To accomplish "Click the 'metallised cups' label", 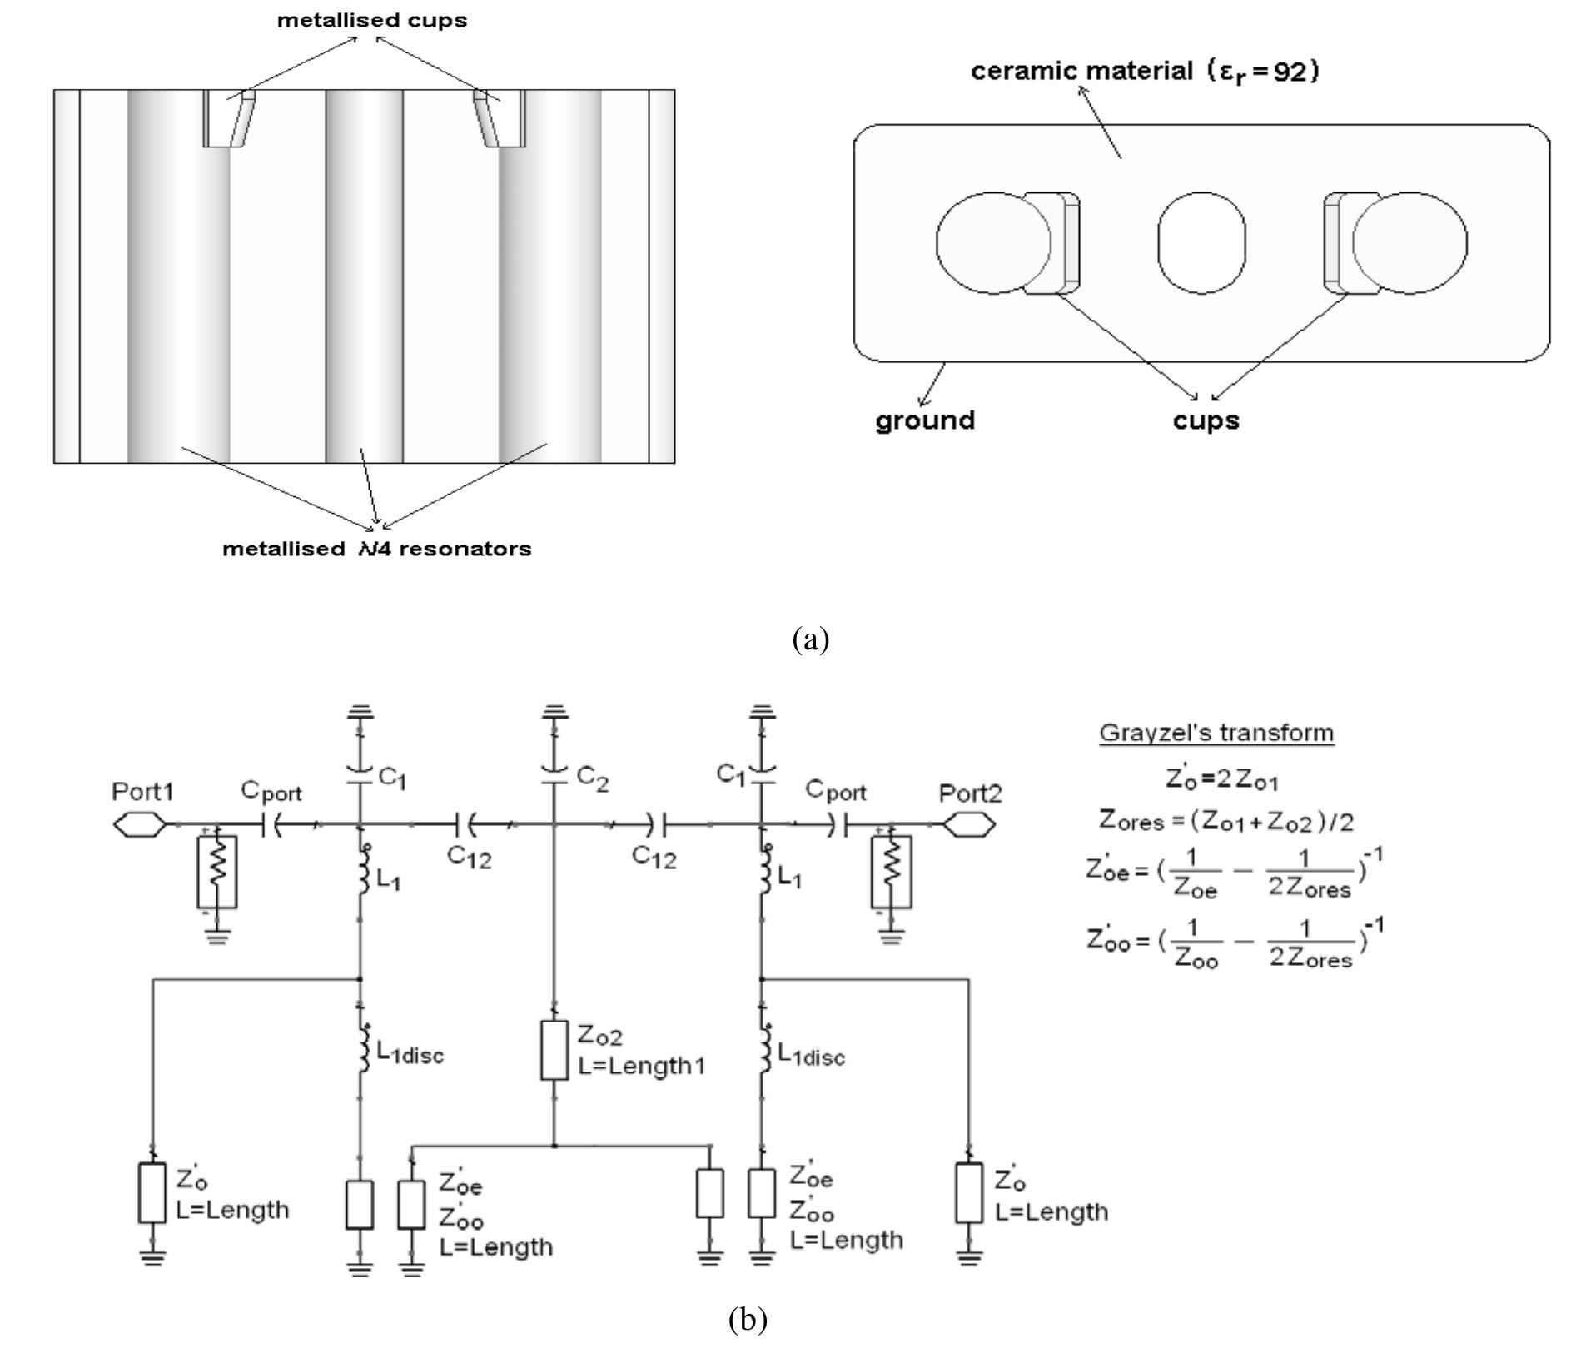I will click(x=372, y=20).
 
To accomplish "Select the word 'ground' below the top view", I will click(x=924, y=420).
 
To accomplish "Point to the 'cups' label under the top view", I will click(x=1206, y=420).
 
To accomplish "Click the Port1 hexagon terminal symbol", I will click(x=139, y=825).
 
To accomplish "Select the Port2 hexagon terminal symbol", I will click(x=968, y=825).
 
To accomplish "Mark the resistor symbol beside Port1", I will click(x=217, y=872).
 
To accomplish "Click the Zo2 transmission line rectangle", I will click(x=554, y=1050).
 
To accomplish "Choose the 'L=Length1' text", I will click(x=641, y=1066).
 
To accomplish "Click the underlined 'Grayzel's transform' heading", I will click(x=1216, y=734).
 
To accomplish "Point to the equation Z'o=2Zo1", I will click(x=1221, y=779).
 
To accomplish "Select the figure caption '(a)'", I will click(x=811, y=639).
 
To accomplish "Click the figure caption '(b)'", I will click(x=748, y=1319).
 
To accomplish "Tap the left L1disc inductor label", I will click(x=410, y=1054).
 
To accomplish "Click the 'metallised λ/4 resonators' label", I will click(x=376, y=550).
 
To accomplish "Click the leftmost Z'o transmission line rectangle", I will click(x=152, y=1192).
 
